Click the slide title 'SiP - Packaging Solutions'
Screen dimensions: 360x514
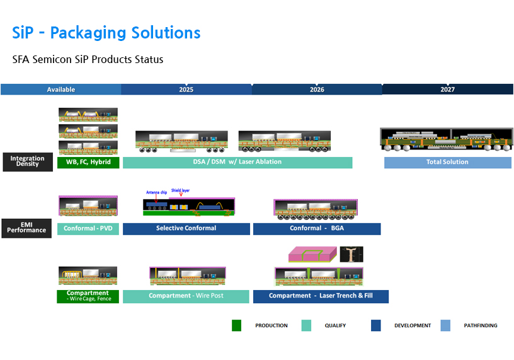106,33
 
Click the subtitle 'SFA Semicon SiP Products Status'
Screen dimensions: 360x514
88,59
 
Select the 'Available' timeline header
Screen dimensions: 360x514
61,90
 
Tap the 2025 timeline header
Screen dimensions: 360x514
186,90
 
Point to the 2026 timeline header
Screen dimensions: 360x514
317,90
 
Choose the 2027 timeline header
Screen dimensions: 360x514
447,90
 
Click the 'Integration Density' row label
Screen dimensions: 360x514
28,161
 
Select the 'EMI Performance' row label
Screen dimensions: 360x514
28,228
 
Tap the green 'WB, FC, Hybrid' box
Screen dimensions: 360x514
88,162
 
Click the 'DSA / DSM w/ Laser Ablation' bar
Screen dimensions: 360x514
237,162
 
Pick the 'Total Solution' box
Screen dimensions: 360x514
447,162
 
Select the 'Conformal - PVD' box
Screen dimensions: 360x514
88,228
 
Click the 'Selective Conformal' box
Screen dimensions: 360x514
186,228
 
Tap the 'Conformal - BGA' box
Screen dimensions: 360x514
317,228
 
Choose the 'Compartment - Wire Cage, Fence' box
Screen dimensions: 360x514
88,296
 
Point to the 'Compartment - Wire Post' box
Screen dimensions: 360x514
186,296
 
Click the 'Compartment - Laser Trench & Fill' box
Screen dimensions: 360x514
321,296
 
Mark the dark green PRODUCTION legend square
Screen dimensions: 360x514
236,325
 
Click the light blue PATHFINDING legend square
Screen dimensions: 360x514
445,325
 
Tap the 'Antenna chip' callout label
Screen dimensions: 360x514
156,192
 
